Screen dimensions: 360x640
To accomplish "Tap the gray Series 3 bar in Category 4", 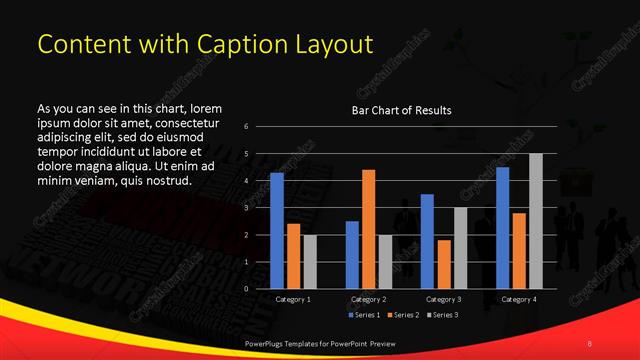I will click(535, 221).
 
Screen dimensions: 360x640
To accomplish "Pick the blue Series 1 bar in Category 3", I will click(427, 241).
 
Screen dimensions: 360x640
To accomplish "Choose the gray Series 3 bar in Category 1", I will click(309, 262).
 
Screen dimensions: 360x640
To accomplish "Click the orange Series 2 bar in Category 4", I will click(519, 251).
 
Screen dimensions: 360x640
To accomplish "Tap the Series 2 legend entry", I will click(402, 315).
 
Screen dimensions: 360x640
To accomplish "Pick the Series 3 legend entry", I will click(444, 315).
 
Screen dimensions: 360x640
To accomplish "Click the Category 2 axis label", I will click(368, 299).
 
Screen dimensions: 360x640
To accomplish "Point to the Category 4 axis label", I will click(518, 299).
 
